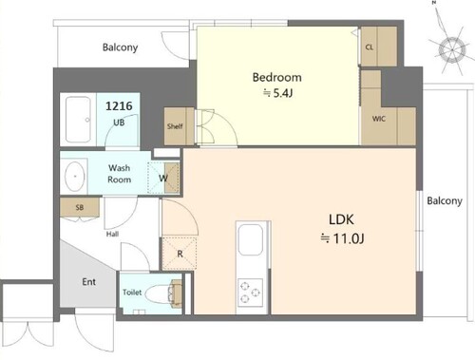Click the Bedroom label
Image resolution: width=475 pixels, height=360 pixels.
pos(276,77)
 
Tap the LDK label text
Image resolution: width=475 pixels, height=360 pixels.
pos(341,219)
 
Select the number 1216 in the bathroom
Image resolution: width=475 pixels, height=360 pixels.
pos(119,106)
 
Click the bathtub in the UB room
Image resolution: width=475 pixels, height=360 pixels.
pos(78,120)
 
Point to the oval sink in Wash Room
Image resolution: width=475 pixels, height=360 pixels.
pos(75,176)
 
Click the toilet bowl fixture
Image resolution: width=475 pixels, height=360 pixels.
pos(160,294)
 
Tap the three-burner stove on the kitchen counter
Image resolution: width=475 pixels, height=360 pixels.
pos(250,293)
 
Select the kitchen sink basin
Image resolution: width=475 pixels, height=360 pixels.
pos(251,239)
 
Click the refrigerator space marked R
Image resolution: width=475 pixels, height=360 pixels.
pos(180,254)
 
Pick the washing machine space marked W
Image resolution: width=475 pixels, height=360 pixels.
pos(163,178)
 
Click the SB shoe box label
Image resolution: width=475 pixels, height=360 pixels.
pos(80,207)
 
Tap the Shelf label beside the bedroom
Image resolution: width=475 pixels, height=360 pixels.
pos(175,126)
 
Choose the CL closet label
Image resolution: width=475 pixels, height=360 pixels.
pos(370,47)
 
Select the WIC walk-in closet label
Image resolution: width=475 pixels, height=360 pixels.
pos(379,119)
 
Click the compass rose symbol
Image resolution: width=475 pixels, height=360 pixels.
pos(452,50)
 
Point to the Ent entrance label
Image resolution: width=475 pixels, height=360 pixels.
pos(89,282)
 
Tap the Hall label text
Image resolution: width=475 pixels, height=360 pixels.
pos(112,234)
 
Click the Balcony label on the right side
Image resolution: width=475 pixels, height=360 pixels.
pos(445,200)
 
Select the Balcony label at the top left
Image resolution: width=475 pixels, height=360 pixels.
pos(120,47)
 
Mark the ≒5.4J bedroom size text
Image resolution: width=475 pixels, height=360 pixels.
pos(277,93)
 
